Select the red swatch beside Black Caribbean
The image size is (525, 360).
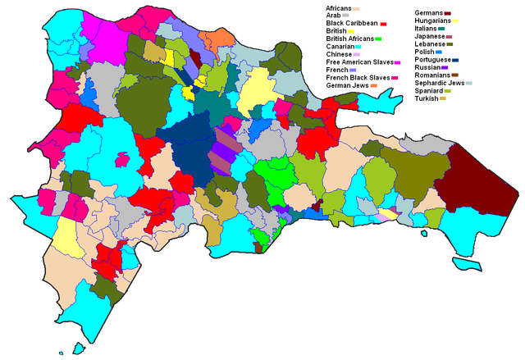pyautogui.click(x=382, y=24)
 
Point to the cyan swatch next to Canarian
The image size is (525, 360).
pyautogui.click(x=358, y=47)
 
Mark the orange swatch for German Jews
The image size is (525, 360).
pyautogui.click(x=373, y=85)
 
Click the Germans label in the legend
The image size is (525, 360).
pyautogui.click(x=431, y=13)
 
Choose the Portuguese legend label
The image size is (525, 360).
pyautogui.click(x=434, y=59)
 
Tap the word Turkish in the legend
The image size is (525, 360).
pyautogui.click(x=429, y=98)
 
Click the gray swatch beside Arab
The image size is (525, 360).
pyautogui.click(x=345, y=16)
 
